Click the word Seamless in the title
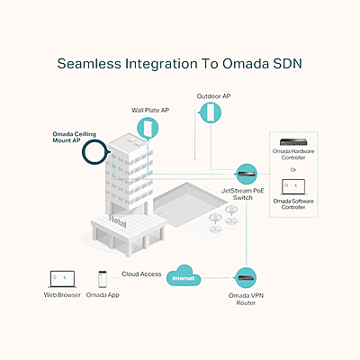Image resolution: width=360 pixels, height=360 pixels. click(x=89, y=64)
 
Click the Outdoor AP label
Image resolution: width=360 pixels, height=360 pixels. click(x=213, y=96)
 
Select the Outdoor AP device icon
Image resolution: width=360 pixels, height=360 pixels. click(x=210, y=112)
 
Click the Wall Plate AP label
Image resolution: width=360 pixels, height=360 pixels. click(x=150, y=111)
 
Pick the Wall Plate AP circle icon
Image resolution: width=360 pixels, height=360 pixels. click(x=148, y=128)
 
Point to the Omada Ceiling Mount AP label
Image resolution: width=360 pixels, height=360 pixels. click(x=75, y=137)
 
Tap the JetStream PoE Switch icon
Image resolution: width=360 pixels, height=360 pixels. click(x=246, y=174)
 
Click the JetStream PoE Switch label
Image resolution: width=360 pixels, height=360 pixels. click(x=243, y=194)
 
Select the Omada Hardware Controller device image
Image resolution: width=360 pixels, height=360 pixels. click(x=293, y=142)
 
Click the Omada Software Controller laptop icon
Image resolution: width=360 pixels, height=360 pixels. click(x=293, y=187)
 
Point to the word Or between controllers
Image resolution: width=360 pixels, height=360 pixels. click(x=293, y=170)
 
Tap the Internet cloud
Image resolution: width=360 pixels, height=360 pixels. click(x=184, y=276)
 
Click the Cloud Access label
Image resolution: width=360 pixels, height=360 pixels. click(x=141, y=274)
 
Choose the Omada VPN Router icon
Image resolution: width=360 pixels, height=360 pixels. click(x=246, y=278)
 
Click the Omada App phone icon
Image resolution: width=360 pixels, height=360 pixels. click(x=103, y=280)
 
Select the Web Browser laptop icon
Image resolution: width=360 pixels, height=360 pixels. click(x=62, y=279)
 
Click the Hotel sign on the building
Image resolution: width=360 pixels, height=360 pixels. click(x=118, y=221)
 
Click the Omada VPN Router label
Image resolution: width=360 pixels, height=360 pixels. click(x=246, y=299)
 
